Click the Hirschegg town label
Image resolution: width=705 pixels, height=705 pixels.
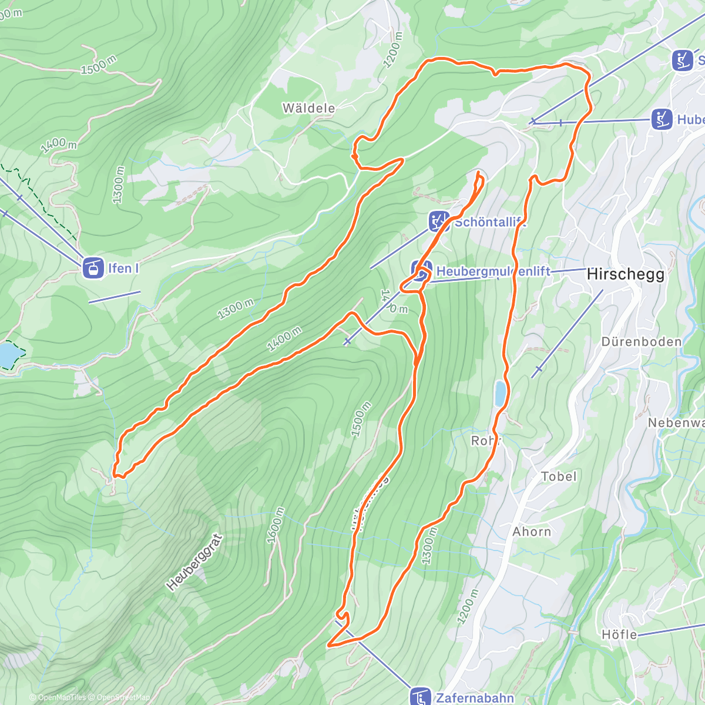pos(625,274)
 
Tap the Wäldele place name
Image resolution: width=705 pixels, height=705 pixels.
pos(308,108)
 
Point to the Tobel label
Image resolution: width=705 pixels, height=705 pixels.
pos(559,476)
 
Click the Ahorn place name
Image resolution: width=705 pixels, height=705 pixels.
pos(532,532)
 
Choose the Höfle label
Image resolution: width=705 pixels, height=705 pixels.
pos(619,634)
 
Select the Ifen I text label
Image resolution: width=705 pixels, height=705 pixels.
pos(123,268)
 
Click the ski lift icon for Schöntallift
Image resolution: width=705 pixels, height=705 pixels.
pos(439,221)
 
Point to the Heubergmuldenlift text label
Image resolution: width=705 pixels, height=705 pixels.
pos(493,271)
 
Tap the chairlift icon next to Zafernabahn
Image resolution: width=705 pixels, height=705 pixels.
pos(420,697)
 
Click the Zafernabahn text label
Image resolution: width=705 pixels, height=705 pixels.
pos(475,698)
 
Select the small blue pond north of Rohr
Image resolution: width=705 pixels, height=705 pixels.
pos(500,393)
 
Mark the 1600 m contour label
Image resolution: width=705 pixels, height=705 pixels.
pos(275,525)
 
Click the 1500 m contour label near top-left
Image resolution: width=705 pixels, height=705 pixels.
pos(99,65)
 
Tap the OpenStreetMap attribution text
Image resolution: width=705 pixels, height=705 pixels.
pos(123,697)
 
